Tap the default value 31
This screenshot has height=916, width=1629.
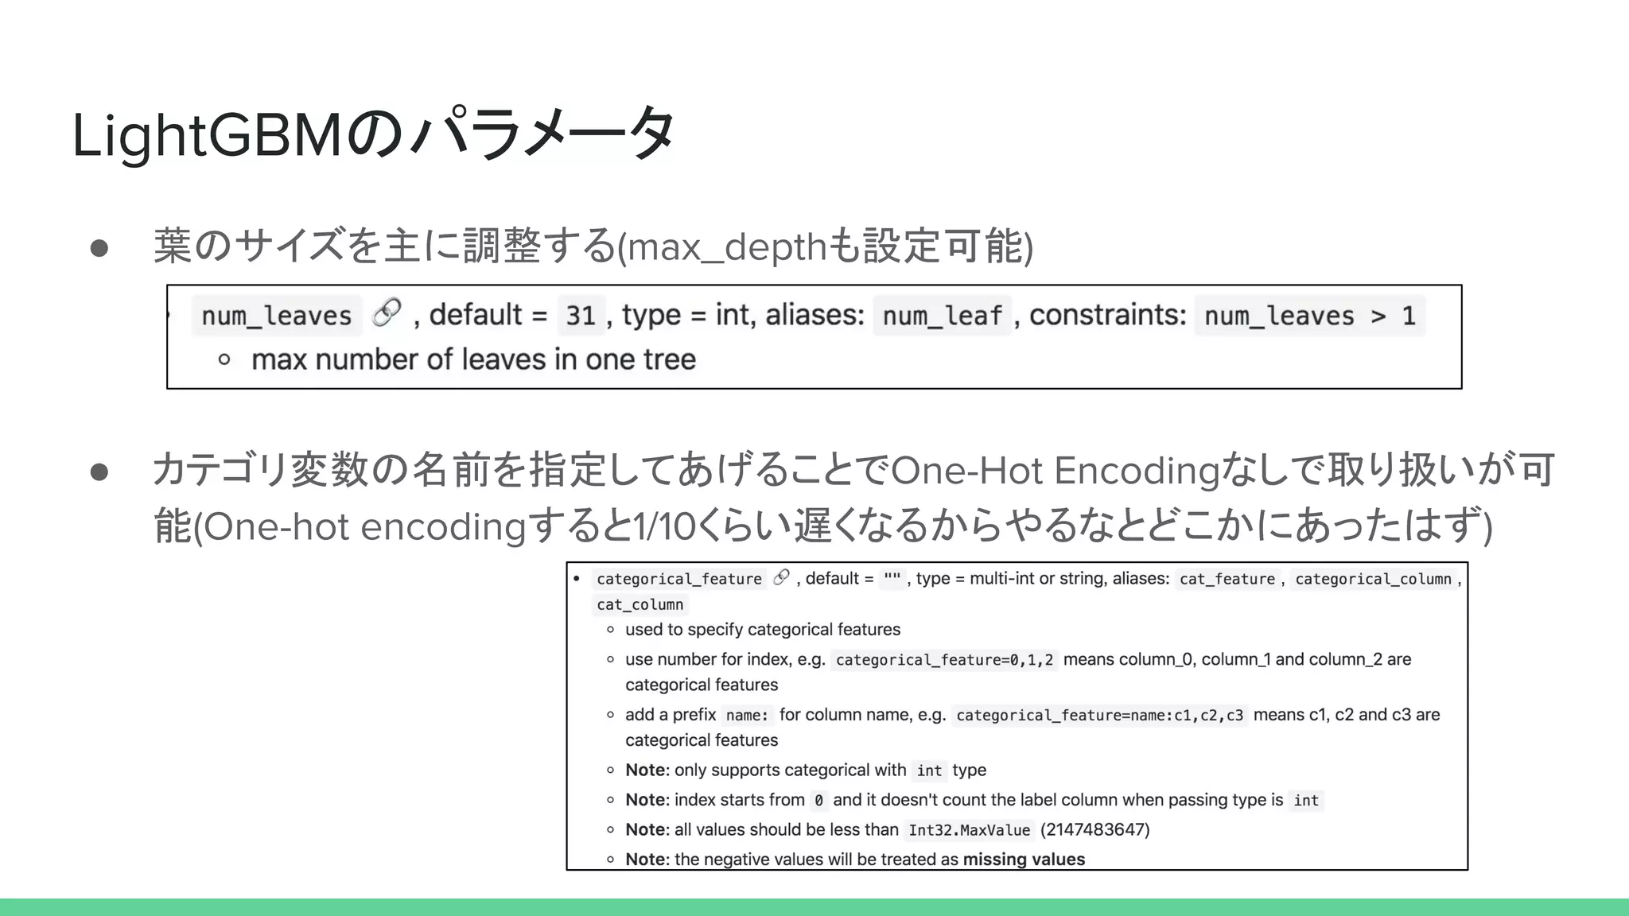pos(581,316)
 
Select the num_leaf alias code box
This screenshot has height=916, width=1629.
pos(942,316)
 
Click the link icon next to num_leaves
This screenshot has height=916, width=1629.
pos(387,312)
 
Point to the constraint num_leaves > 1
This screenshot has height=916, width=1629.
pos(1309,316)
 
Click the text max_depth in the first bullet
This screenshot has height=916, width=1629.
pos(728,246)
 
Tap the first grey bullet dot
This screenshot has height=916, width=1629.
pos(99,248)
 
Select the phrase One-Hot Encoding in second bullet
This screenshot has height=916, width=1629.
pos(1055,471)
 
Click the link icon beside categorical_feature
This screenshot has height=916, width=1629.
pos(782,577)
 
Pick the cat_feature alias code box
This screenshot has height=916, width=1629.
pos(1227,579)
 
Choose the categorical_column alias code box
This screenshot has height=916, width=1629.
pos(1373,579)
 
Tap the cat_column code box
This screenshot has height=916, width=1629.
pos(640,604)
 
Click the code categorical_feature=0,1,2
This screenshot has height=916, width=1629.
pos(944,660)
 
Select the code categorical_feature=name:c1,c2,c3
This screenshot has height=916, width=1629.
pos(1099,715)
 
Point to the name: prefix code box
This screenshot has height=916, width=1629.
pos(747,715)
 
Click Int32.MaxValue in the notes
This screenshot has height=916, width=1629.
pos(969,830)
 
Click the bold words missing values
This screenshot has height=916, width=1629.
pos(1024,859)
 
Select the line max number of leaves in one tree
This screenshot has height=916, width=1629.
pos(473,359)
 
